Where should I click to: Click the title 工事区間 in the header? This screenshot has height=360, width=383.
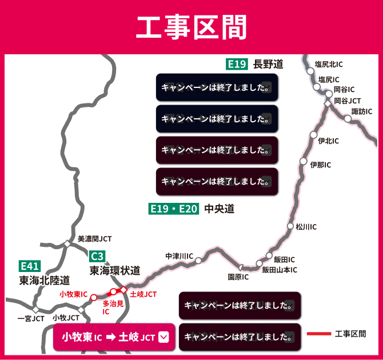191,27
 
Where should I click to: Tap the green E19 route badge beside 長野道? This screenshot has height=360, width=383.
237,64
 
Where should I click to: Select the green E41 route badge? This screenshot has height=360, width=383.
29,266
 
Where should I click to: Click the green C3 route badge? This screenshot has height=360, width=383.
97,256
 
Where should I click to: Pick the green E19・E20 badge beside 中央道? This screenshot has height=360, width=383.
173,209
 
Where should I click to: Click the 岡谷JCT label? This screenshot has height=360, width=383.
348,100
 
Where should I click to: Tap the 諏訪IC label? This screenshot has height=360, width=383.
361,111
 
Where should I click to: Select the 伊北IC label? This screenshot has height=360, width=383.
328,141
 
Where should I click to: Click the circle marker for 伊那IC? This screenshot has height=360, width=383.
304,161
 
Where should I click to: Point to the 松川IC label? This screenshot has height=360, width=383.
306,227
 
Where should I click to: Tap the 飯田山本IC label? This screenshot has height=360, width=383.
280,270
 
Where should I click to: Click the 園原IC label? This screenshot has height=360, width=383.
238,277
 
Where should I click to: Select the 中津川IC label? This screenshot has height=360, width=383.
179,256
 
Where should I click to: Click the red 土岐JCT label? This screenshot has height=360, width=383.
143,294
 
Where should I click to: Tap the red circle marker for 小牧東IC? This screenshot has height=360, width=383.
94,297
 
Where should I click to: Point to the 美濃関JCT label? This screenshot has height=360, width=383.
94,239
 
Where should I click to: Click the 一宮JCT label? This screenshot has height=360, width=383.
31,318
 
